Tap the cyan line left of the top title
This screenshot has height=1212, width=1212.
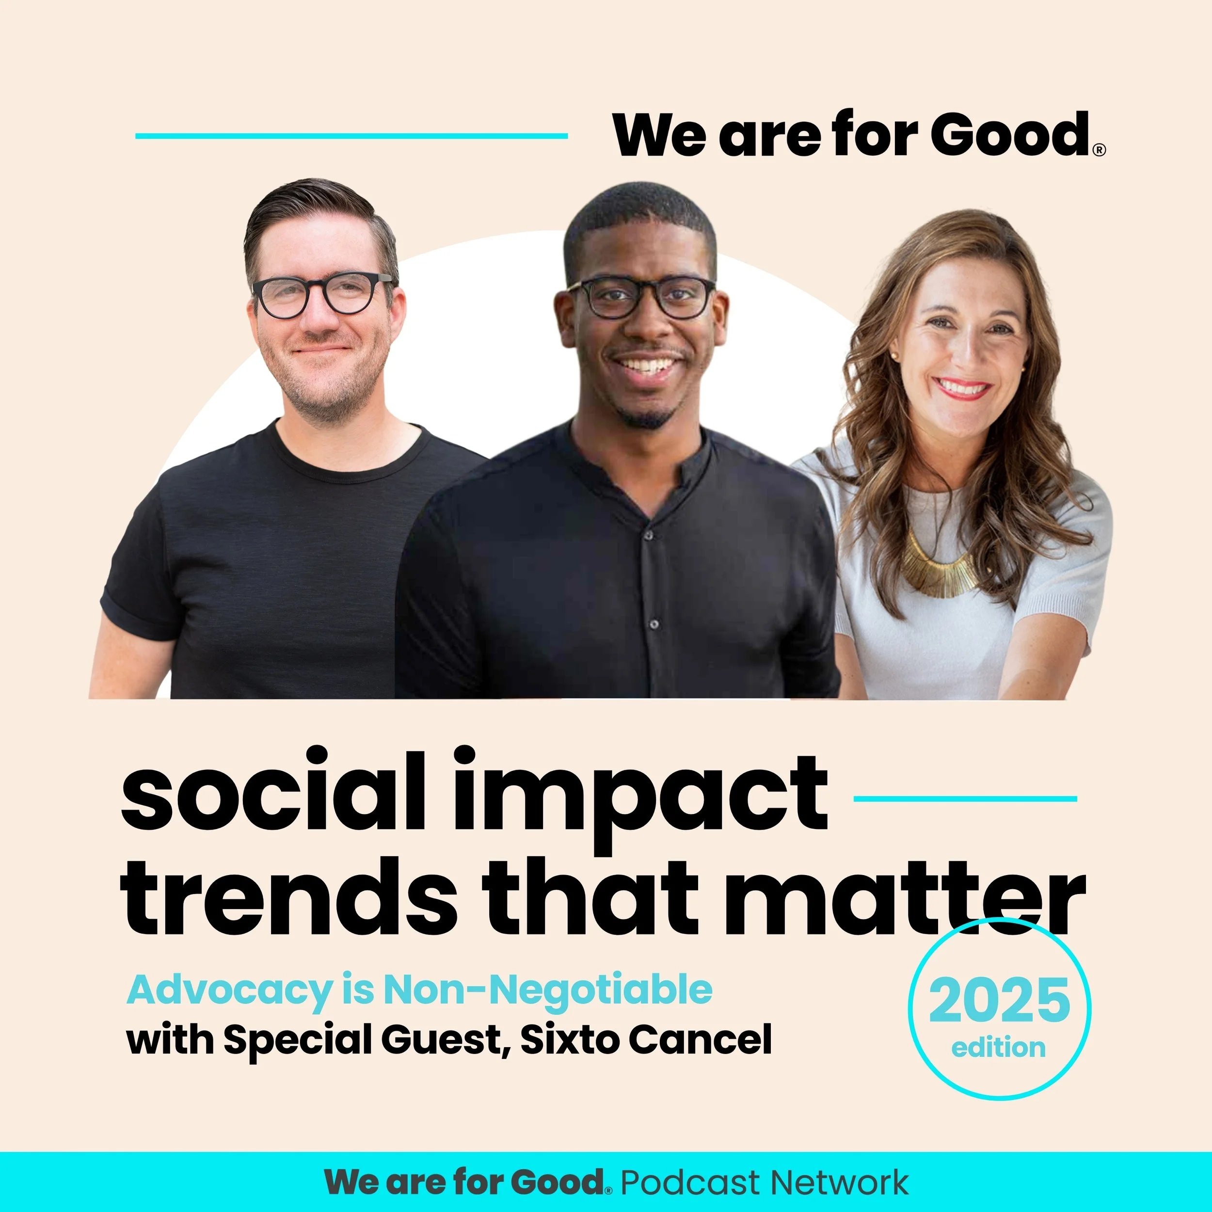click(x=351, y=136)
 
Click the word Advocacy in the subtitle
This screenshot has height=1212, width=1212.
click(x=229, y=990)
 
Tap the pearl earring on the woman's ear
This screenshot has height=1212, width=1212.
click(x=893, y=357)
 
